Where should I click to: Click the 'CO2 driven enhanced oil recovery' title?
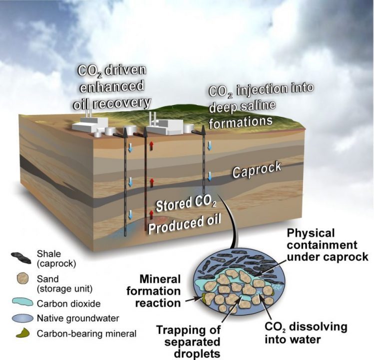(114, 86)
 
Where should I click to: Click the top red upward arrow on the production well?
(151, 145)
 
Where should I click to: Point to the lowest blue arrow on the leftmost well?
(131, 214)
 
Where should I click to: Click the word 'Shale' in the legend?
(47, 254)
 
